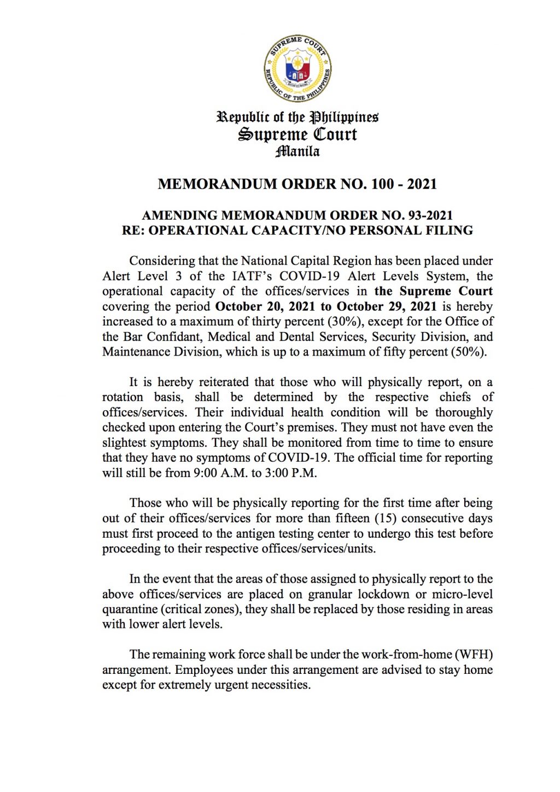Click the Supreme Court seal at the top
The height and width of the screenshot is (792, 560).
click(x=297, y=68)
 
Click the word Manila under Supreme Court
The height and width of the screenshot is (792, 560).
click(x=297, y=151)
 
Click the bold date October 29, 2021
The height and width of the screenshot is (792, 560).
click(x=387, y=306)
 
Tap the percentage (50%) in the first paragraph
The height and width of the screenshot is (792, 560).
click(x=468, y=352)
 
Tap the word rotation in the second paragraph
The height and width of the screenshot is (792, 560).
click(x=122, y=397)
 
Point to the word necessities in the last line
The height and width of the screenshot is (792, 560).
click(x=278, y=685)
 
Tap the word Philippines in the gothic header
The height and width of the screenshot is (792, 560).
click(x=344, y=117)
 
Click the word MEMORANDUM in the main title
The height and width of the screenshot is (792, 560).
click(x=218, y=184)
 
